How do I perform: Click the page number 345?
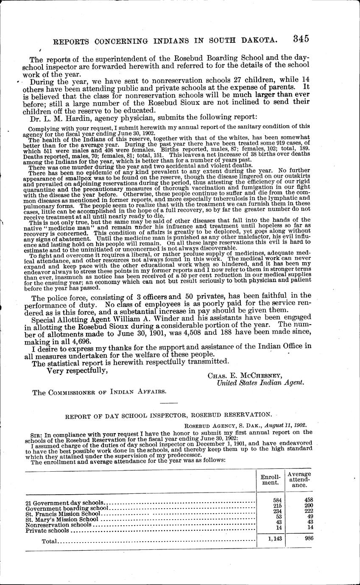click(300, 39)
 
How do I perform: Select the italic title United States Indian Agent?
click(260, 383)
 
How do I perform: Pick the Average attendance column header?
click(299, 479)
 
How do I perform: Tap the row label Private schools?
click(47, 530)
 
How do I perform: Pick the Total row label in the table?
click(49, 541)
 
